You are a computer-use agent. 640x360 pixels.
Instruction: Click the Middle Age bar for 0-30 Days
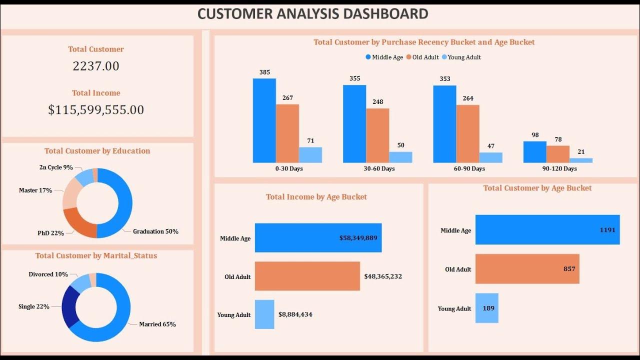pos(264,120)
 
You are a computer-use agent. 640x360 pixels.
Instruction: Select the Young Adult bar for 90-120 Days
pos(581,160)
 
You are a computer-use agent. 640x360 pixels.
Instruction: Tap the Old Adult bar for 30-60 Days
pos(377,135)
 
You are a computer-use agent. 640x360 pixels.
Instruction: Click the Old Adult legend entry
pos(424,57)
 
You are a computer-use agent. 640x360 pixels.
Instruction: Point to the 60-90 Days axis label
pos(469,168)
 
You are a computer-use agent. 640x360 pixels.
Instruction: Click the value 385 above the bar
pos(264,72)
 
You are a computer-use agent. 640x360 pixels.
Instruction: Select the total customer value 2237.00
pos(96,66)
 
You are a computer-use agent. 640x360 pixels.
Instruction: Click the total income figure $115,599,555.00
pos(96,110)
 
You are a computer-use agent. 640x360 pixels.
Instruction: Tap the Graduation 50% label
pos(155,231)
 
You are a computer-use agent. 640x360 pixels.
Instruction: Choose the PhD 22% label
pos(51,233)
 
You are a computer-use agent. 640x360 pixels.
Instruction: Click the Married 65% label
pos(157,324)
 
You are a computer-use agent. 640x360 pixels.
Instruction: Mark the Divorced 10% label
pos(48,274)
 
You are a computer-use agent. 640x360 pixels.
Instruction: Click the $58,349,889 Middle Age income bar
pos(318,238)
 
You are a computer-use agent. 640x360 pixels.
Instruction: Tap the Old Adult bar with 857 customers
pos(527,269)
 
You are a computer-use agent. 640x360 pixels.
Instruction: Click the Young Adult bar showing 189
pos(486,308)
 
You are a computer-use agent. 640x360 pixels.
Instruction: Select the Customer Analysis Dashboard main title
pos(312,14)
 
